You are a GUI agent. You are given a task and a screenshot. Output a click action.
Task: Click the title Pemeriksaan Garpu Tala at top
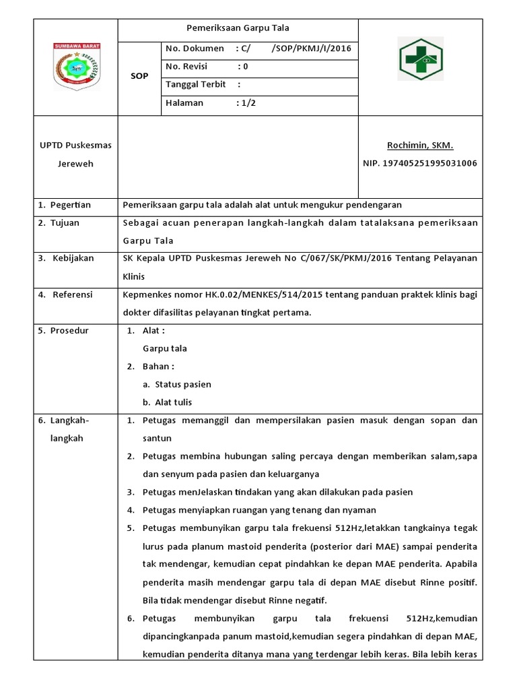pos(238,28)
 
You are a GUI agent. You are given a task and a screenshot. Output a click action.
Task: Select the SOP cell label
pos(139,76)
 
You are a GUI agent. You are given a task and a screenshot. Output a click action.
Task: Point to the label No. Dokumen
pos(195,49)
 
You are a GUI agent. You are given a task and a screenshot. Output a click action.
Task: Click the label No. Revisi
pos(186,67)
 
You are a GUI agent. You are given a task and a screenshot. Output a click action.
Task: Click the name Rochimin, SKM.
pos(420,146)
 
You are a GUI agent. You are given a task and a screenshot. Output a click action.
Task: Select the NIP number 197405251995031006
pos(420,163)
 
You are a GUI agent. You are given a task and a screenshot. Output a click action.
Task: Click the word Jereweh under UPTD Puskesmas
pos(75,164)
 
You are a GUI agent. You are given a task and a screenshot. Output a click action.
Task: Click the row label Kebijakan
pos(74,258)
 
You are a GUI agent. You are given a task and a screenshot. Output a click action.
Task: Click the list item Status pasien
pos(182,384)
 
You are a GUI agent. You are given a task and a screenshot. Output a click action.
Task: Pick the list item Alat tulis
pos(173,402)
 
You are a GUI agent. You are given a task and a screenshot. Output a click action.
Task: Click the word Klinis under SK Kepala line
pos(133,276)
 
